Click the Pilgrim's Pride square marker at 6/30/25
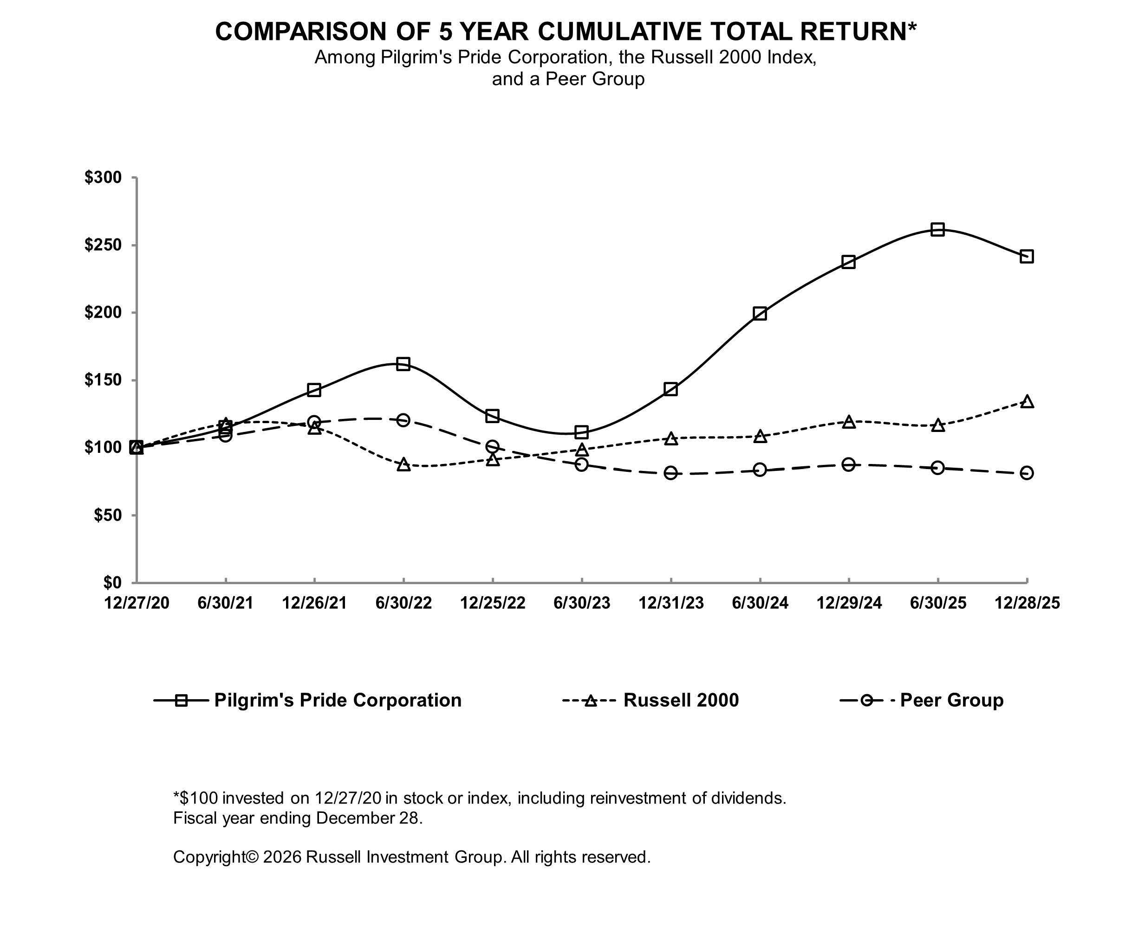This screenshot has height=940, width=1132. (x=937, y=230)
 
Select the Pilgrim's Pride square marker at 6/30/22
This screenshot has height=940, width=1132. (x=403, y=364)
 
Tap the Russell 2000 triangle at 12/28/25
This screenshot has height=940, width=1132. (x=1027, y=402)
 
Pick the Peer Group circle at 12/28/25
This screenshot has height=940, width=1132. (x=1027, y=473)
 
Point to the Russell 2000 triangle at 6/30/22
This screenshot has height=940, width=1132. (x=403, y=465)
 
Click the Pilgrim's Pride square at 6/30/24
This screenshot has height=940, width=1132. (x=760, y=314)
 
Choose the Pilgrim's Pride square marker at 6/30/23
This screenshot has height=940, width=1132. (x=581, y=432)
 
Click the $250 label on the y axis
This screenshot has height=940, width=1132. (x=103, y=245)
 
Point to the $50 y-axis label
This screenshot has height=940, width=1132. (x=107, y=515)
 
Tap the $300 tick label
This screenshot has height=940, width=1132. (x=103, y=177)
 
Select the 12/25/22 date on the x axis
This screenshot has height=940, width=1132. (x=492, y=603)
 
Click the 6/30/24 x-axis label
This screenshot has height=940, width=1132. (x=760, y=603)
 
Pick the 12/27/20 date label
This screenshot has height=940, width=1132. (x=137, y=603)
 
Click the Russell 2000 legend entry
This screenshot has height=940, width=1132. (x=680, y=700)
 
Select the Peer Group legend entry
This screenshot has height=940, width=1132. (x=951, y=700)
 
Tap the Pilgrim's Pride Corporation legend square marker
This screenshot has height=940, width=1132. (x=181, y=700)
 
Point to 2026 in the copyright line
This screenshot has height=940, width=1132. (x=282, y=856)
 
